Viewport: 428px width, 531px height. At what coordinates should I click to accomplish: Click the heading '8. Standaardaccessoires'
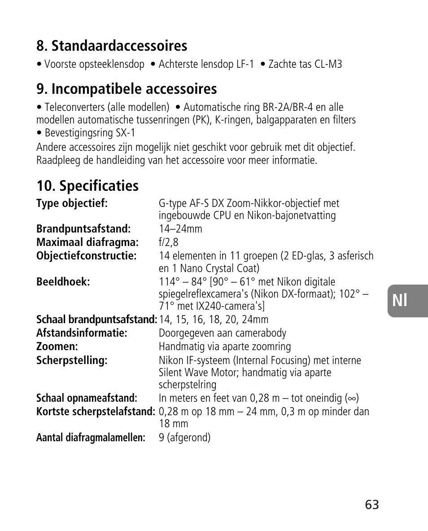112,46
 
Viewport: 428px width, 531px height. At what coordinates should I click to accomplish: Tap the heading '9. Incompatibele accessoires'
127,89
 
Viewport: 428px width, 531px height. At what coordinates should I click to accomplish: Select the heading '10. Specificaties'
87,185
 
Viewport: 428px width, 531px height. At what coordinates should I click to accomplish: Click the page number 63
372,505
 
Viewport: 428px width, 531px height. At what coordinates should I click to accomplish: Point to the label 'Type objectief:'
72,203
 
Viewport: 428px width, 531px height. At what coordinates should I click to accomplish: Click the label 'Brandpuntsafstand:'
83,229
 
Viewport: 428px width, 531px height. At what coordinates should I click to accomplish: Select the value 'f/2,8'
168,242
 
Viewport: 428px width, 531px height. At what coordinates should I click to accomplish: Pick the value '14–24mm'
180,229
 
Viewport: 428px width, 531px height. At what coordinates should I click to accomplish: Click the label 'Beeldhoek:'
63,282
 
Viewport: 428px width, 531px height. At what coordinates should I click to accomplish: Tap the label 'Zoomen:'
57,347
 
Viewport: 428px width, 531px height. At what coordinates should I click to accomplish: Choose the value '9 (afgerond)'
184,438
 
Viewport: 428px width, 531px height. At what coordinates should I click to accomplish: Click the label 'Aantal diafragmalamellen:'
91,438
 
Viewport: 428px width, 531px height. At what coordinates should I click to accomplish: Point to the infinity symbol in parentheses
352,399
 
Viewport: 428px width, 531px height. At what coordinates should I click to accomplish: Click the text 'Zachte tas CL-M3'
305,64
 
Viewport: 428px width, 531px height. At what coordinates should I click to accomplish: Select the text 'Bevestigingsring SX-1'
90,133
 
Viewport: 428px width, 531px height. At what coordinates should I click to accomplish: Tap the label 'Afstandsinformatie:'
82,333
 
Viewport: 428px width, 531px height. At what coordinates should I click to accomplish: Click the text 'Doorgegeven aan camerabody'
222,333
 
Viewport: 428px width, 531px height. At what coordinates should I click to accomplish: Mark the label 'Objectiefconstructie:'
86,256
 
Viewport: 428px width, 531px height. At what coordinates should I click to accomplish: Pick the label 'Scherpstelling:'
72,360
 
